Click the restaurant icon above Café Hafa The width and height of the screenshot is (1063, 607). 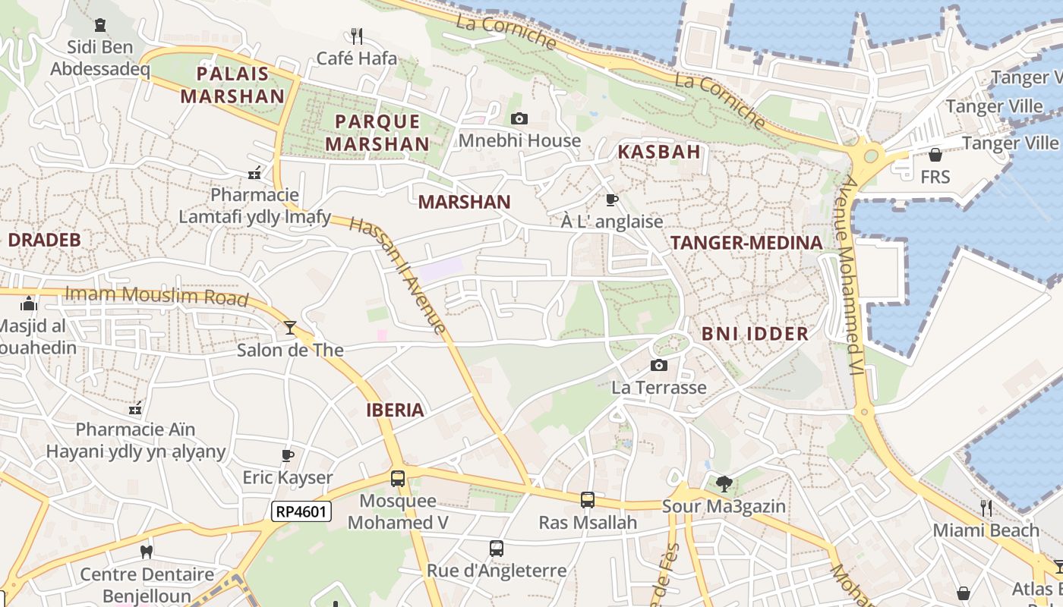pyautogui.click(x=357, y=36)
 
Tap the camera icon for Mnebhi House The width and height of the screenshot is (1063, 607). pyautogui.click(x=519, y=118)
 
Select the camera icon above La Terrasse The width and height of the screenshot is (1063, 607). pyautogui.click(x=659, y=366)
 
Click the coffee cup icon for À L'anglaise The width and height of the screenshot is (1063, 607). pyautogui.click(x=611, y=200)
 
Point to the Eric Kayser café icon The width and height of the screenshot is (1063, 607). pyautogui.click(x=288, y=455)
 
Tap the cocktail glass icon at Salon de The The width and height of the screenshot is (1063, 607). pyautogui.click(x=290, y=328)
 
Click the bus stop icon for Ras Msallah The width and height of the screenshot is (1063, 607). pyautogui.click(x=588, y=500)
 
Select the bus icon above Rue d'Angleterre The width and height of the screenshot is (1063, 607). pyautogui.click(x=497, y=548)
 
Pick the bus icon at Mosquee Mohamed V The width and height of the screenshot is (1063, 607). pyautogui.click(x=398, y=479)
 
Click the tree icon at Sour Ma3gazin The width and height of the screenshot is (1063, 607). pyautogui.click(x=724, y=483)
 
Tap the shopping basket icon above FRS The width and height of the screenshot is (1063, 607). pyautogui.click(x=935, y=155)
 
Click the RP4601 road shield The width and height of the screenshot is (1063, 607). pyautogui.click(x=301, y=511)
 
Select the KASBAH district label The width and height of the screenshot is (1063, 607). pyautogui.click(x=659, y=152)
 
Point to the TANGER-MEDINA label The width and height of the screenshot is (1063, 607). pyautogui.click(x=746, y=243)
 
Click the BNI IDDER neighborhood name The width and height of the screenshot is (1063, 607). pyautogui.click(x=755, y=334)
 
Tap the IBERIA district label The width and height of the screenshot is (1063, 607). pyautogui.click(x=395, y=410)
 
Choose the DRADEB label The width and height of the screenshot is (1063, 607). pyautogui.click(x=44, y=240)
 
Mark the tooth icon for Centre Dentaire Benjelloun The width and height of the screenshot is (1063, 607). pyautogui.click(x=147, y=552)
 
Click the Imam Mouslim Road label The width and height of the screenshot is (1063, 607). pyautogui.click(x=157, y=295)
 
